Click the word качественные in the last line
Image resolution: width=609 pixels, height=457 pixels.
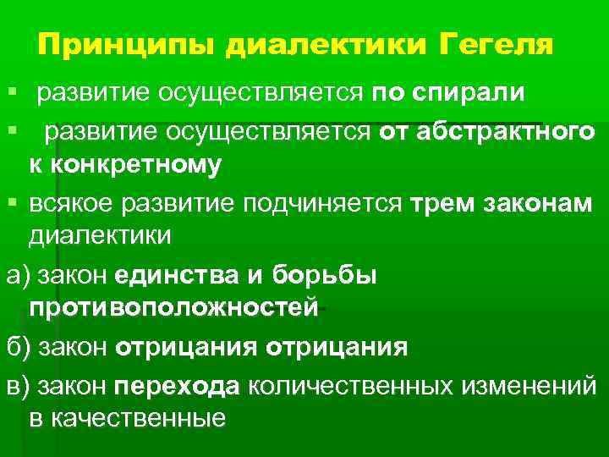point(127,419)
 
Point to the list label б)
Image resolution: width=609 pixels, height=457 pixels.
point(16,347)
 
